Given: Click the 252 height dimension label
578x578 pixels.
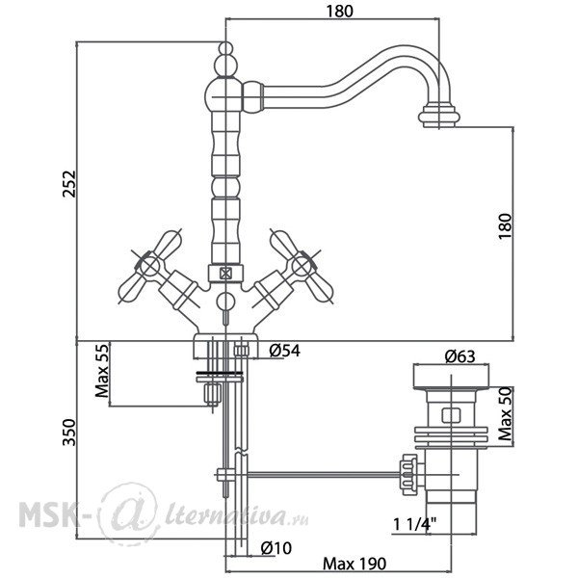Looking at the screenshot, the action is (x=69, y=184).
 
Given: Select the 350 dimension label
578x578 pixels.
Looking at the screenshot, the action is (x=69, y=432).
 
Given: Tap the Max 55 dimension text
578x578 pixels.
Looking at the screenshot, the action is (x=102, y=371).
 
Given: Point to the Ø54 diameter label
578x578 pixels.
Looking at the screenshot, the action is (x=284, y=351).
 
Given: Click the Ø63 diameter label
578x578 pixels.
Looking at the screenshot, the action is (x=460, y=356).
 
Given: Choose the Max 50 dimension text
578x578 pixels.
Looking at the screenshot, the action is (x=506, y=413).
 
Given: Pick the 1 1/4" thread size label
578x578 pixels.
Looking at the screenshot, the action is (x=414, y=524).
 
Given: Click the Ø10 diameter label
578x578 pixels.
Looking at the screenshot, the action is (x=276, y=548).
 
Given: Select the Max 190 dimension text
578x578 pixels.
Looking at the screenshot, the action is (x=355, y=564).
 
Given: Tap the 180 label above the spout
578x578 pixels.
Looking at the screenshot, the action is (x=339, y=11).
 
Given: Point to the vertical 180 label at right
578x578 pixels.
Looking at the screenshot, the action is (x=506, y=226).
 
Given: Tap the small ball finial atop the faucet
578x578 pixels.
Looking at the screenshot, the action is (x=225, y=49).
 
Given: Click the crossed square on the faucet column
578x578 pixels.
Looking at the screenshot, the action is (x=225, y=274).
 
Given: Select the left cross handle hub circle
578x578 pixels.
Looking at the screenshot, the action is (x=149, y=266).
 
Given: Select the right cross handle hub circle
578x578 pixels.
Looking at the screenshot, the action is (x=302, y=266).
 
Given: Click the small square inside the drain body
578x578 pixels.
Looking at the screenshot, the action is (x=451, y=415).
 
